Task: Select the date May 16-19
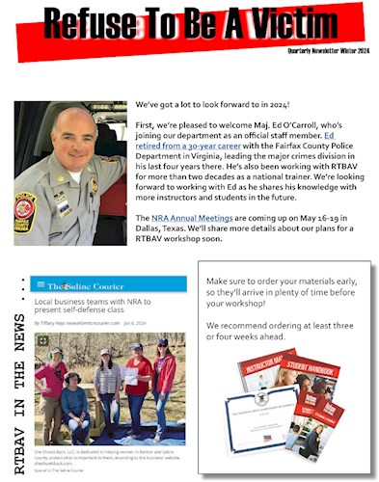click(x=317, y=219)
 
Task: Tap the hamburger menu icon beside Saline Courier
click(x=39, y=285)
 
